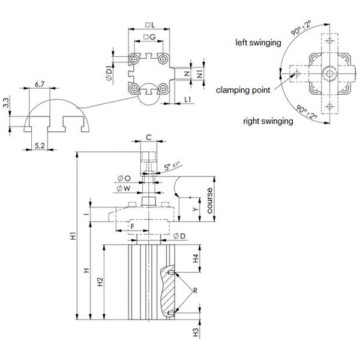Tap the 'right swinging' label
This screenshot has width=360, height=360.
tap(268, 121)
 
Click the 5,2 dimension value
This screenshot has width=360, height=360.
tap(40, 145)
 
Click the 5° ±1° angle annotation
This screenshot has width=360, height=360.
tap(171, 167)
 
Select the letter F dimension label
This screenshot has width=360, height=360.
tap(124, 226)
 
